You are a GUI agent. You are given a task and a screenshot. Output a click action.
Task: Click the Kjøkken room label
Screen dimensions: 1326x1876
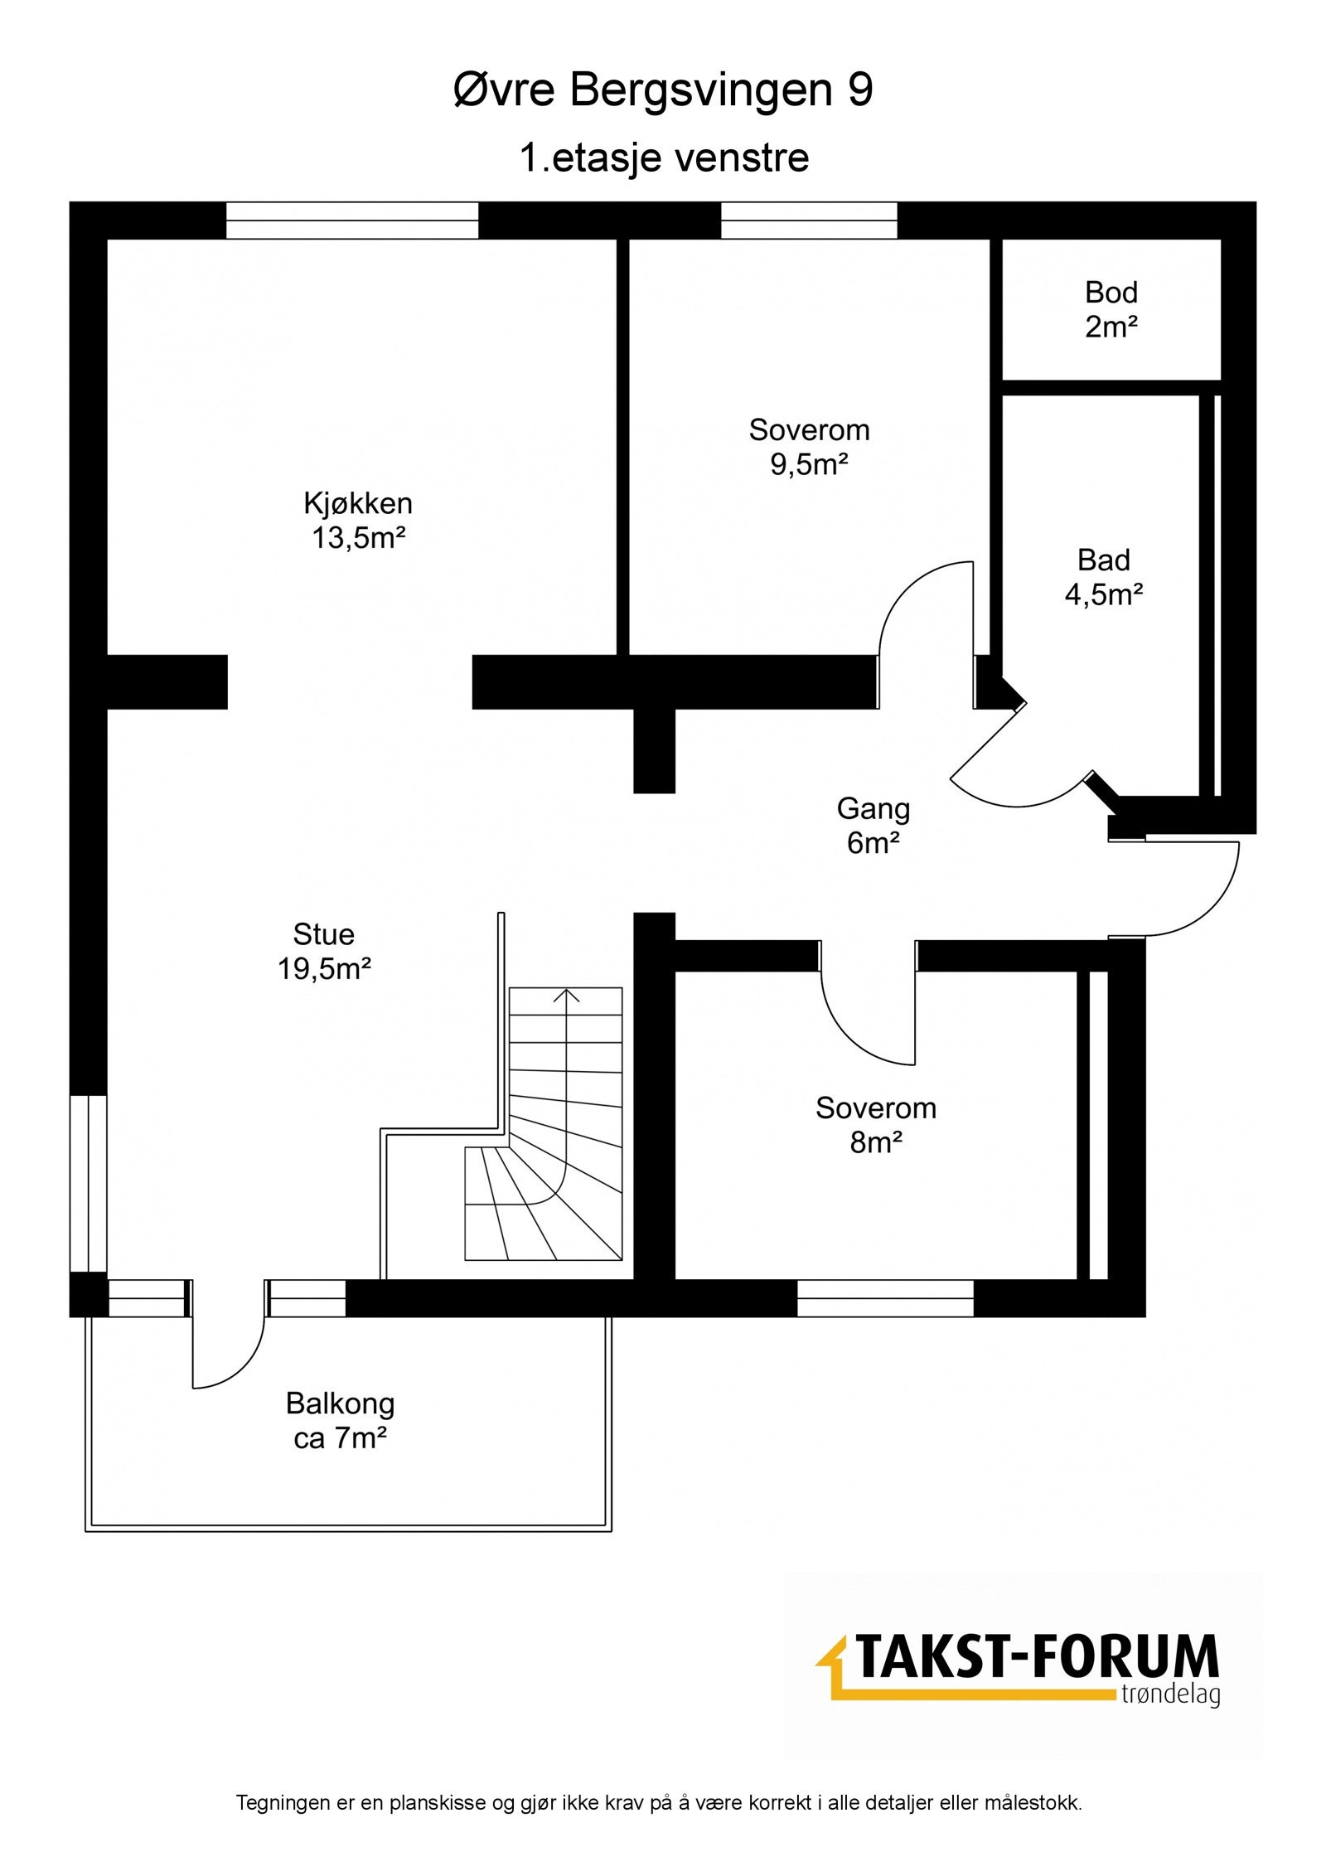pyautogui.click(x=358, y=503)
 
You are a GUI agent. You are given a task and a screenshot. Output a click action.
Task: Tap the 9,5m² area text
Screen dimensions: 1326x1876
pyautogui.click(x=809, y=464)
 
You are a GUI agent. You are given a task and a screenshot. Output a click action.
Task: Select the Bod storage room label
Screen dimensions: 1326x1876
pyautogui.click(x=1111, y=292)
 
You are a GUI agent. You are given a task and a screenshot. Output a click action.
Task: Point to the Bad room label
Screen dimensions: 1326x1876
pyautogui.click(x=1104, y=560)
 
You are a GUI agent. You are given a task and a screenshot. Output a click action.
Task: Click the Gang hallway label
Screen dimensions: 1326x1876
pyautogui.click(x=874, y=808)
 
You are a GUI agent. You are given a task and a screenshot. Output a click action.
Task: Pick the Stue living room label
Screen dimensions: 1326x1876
pyautogui.click(x=323, y=934)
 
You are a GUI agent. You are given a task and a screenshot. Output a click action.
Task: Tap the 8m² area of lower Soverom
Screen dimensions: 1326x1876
pyautogui.click(x=876, y=1142)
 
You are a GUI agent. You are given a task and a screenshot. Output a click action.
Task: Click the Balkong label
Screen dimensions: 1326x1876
pyautogui.click(x=340, y=1403)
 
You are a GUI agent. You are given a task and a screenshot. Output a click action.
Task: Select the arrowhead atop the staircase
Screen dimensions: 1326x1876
pyautogui.click(x=568, y=996)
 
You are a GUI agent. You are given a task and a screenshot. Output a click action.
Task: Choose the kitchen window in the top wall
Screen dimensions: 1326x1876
pyautogui.click(x=352, y=221)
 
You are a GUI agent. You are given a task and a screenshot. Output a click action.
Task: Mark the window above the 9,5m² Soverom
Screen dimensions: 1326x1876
pyautogui.click(x=809, y=221)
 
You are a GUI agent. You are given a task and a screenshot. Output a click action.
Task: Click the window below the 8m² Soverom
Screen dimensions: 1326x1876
pyautogui.click(x=885, y=1299)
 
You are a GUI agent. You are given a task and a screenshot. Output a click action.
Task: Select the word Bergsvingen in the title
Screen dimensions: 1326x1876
pyautogui.click(x=701, y=92)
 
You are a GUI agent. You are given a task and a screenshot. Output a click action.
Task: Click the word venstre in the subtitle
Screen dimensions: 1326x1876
pyautogui.click(x=743, y=158)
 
